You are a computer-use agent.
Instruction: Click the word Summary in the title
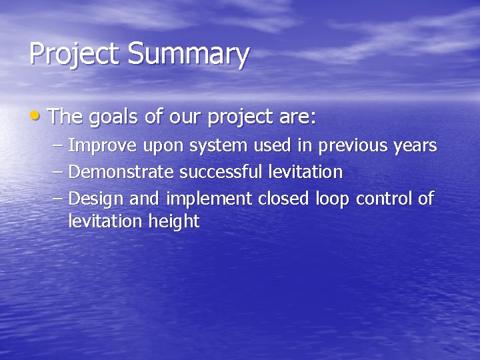189,55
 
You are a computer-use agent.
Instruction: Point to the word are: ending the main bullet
295,118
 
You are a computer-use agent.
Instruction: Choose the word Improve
103,145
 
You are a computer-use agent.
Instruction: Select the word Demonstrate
122,172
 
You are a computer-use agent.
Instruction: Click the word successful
222,172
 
